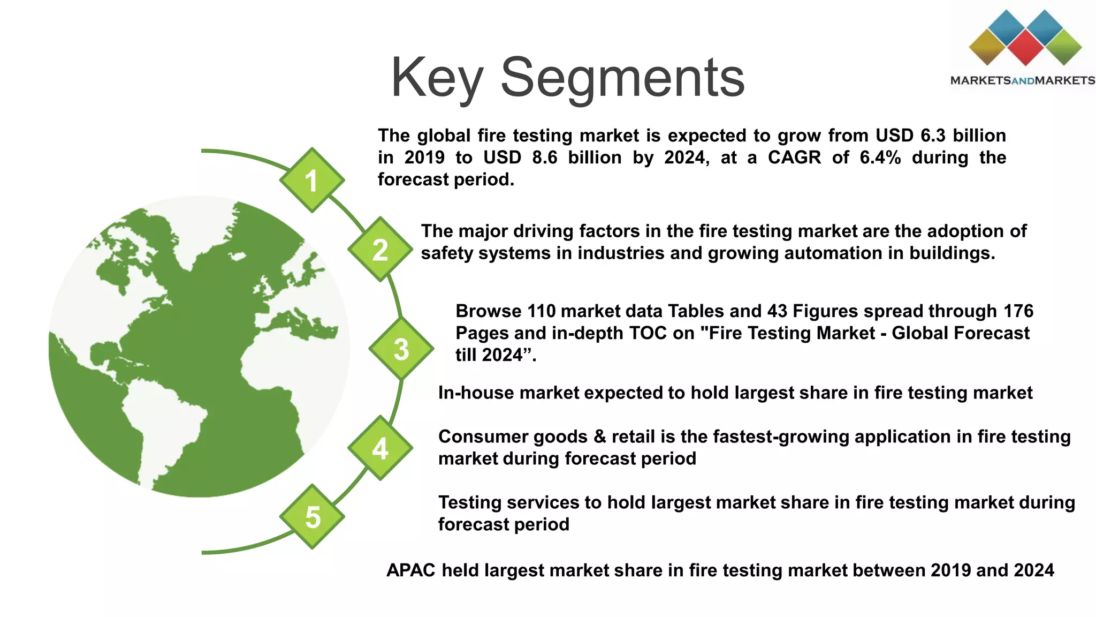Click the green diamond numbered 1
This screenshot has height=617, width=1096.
[x=311, y=180]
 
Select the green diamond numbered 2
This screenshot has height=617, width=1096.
[x=380, y=250]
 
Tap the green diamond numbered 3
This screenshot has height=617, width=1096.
[x=401, y=349]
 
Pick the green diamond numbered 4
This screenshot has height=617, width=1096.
[x=380, y=448]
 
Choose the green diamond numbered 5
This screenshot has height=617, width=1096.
[x=312, y=516]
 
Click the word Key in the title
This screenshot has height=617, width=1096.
[x=437, y=78]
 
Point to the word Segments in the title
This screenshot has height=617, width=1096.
[x=622, y=78]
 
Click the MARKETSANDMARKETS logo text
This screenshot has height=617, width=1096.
[x=1022, y=81]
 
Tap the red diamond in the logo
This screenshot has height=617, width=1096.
[x=1025, y=48]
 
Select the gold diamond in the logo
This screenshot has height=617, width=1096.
[x=988, y=47]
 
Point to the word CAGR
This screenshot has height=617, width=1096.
[x=794, y=157]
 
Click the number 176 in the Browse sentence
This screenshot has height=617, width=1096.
[x=1018, y=311]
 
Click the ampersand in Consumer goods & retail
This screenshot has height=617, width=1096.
[x=599, y=437]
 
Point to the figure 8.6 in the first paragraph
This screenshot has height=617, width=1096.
[x=545, y=157]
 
